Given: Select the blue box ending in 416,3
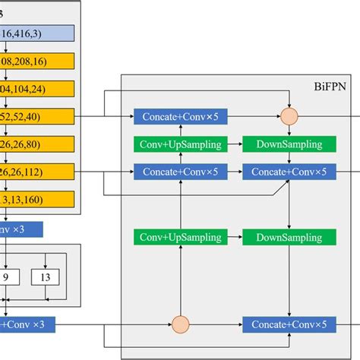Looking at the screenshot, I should (x=37, y=33).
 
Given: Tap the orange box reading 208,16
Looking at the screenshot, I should (x=37, y=61).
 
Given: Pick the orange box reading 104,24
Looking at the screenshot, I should (x=37, y=88).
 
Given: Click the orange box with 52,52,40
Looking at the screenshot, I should (x=37, y=116).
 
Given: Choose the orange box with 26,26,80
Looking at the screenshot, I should (x=37, y=144).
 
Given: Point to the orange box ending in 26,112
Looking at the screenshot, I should (x=37, y=172).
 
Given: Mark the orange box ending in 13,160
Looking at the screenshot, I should (x=37, y=199).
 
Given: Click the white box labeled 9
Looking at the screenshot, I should (x=7, y=279).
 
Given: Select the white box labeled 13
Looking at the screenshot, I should (x=46, y=279).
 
